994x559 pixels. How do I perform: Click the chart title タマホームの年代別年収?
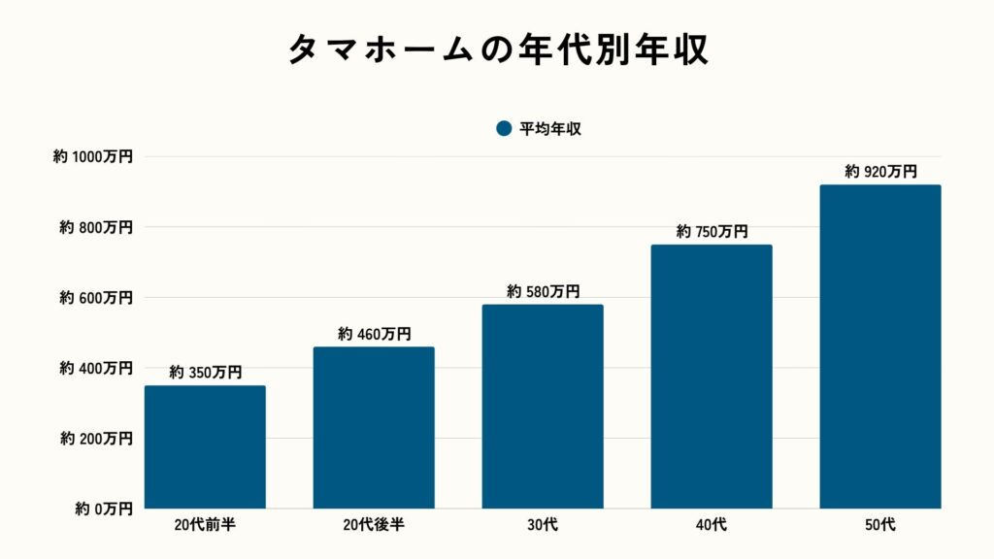(497, 49)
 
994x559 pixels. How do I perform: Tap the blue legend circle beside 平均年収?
(503, 128)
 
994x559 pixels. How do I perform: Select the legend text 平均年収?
(549, 128)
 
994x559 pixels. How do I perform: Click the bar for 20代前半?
(205, 446)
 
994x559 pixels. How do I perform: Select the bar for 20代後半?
(374, 427)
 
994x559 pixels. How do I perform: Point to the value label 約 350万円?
(205, 372)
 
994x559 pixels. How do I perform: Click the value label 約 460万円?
(374, 334)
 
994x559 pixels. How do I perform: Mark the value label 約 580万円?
(543, 291)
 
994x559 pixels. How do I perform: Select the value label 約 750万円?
(712, 231)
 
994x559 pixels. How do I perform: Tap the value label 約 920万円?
(880, 172)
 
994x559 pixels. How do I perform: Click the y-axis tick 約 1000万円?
(93, 156)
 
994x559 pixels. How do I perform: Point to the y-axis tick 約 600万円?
(96, 298)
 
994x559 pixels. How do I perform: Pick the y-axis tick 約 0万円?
(102, 509)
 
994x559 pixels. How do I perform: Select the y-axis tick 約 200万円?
(96, 439)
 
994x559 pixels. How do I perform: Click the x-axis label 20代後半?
(374, 525)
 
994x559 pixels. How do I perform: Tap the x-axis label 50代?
(880, 525)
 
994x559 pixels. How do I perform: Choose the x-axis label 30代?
(543, 525)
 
